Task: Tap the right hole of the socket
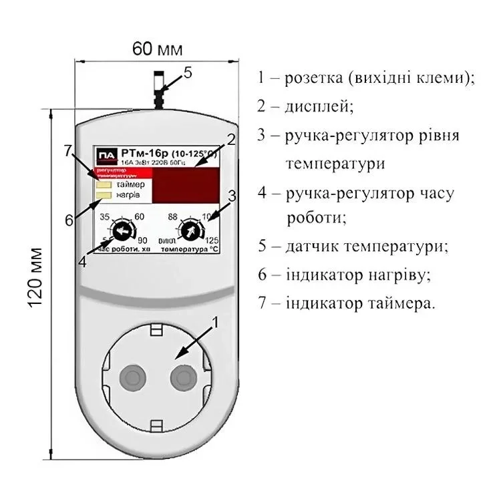[182, 379]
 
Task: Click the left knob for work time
[122, 232]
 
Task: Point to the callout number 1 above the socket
[214, 323]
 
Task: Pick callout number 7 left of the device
[68, 151]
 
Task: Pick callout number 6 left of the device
[68, 220]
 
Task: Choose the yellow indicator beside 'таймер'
[104, 184]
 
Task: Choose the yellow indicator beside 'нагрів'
[104, 194]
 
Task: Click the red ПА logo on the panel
[106, 157]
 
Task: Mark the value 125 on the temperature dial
[213, 241]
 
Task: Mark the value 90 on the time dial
[141, 241]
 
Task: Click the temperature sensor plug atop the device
[158, 87]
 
